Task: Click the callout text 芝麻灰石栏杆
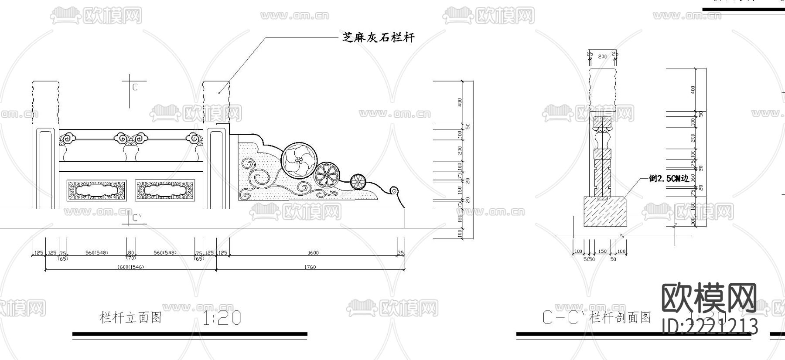(378, 37)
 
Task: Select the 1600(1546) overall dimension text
(131, 267)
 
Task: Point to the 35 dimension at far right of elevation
(401, 253)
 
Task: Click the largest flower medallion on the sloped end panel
(299, 160)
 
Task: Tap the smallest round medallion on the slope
(358, 181)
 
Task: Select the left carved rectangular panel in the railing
(96, 190)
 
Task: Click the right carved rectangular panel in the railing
(165, 190)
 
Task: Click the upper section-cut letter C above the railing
(135, 88)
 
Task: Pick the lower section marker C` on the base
(137, 217)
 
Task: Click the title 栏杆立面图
(131, 318)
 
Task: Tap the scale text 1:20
(222, 319)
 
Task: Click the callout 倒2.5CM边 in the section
(669, 178)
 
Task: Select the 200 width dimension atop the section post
(602, 57)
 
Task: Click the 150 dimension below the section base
(602, 251)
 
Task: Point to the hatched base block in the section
(605, 211)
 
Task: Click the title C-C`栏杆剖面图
(597, 318)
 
